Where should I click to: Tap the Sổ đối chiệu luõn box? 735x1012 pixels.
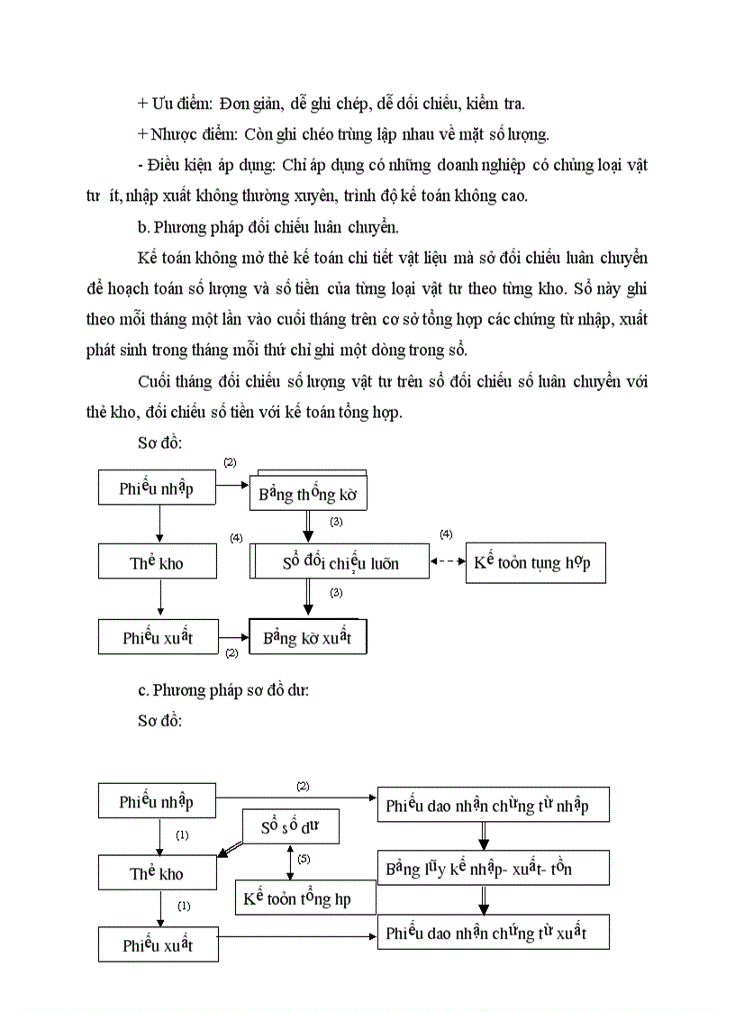click(340, 563)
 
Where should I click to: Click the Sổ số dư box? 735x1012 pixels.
click(291, 826)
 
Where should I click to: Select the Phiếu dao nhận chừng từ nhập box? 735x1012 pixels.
click(493, 804)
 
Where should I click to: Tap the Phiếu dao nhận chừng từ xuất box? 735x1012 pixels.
click(493, 933)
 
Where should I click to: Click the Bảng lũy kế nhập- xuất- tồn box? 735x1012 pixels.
click(493, 869)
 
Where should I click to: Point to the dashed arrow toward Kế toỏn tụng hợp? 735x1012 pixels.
click(447, 562)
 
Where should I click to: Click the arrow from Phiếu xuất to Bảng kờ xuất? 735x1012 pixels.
click(234, 636)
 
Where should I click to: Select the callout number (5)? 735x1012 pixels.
click(304, 859)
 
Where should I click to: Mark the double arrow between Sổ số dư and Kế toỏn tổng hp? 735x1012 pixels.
click(288, 862)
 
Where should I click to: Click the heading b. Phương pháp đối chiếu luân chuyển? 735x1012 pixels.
click(249, 225)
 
